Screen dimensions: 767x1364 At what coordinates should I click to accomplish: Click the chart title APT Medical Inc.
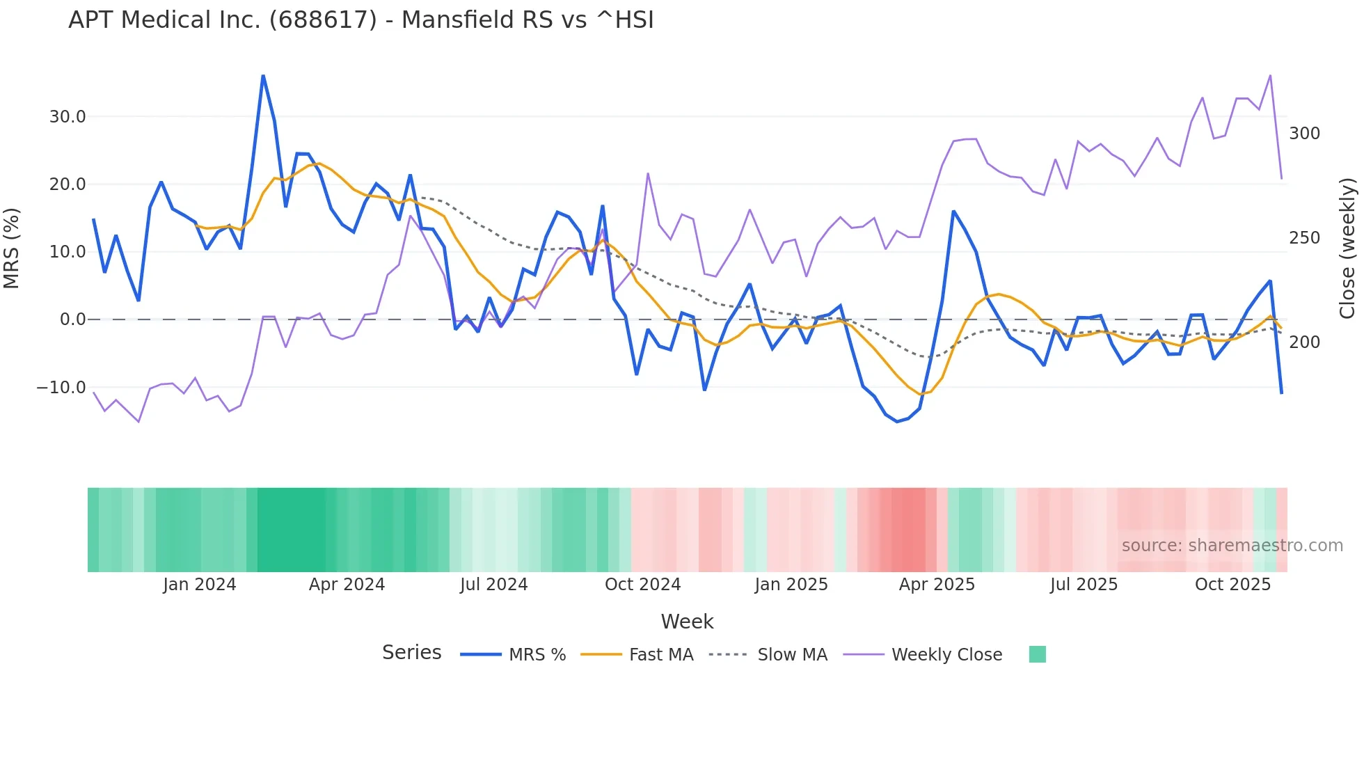pos(360,20)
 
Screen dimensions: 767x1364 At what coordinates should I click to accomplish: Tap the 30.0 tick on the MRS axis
pos(67,117)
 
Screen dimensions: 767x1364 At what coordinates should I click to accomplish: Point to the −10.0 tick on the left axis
pos(61,388)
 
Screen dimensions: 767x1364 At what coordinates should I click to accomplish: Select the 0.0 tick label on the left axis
pos(72,319)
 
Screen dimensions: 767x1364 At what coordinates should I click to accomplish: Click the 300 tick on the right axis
pos(1304,134)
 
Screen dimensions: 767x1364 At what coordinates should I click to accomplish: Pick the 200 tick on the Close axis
pos(1304,342)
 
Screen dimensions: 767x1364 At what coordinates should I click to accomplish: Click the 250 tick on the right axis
pos(1304,238)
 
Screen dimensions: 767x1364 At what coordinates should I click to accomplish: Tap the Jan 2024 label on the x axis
pos(200,585)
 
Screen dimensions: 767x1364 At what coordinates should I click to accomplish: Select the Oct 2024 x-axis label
pos(642,585)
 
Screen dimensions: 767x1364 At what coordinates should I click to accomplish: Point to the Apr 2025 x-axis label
pos(937,585)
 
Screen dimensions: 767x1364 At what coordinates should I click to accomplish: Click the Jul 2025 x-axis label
pos(1084,585)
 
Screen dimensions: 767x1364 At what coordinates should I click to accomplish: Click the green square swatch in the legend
pos(1037,654)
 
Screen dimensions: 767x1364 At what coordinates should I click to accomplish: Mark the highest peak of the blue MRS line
pos(263,75)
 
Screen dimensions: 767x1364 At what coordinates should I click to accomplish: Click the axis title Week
pos(687,622)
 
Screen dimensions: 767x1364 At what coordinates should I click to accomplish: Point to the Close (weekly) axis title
pos(1347,248)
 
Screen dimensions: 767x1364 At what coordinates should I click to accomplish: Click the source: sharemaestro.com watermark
pos(1232,546)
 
